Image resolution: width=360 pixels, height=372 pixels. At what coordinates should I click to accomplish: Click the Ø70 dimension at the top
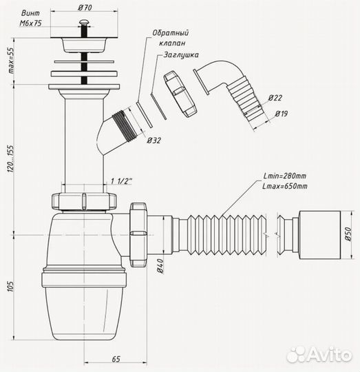85,8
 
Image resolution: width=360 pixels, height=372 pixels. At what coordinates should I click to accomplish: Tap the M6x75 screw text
30,23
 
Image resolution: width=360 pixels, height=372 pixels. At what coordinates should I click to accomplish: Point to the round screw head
84,22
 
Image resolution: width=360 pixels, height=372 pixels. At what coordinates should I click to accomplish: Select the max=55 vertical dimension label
11,61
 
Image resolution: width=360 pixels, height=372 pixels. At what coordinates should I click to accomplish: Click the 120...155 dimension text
11,158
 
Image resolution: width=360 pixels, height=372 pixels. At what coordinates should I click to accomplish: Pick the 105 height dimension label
11,287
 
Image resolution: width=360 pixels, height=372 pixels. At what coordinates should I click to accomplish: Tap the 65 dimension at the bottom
116,359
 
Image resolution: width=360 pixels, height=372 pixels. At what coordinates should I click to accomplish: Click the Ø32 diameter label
153,141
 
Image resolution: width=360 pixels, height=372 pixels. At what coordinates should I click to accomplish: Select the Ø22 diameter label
275,98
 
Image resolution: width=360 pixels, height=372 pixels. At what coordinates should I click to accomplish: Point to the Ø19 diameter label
282,114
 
